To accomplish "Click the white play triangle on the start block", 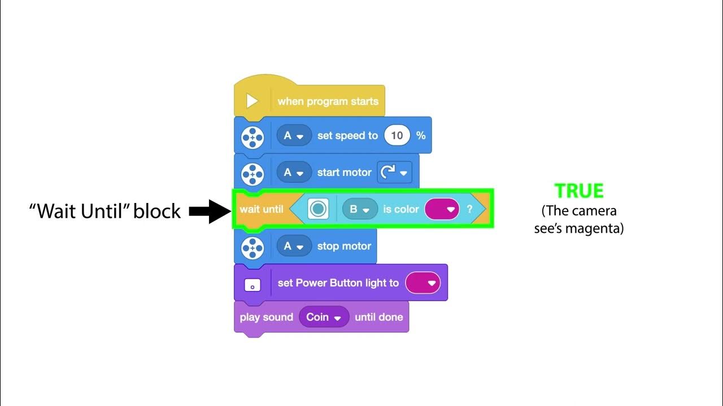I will click(x=252, y=101).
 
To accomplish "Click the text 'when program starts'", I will click(x=328, y=101).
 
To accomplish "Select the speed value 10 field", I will click(x=397, y=135).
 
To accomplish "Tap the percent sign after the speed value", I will click(x=420, y=135).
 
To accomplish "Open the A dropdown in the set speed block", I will click(x=294, y=136).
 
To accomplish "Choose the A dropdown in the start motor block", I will click(x=294, y=173).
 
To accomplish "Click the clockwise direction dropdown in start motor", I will click(x=394, y=173).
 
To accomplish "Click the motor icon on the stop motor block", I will click(x=252, y=246).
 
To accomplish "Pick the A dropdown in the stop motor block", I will click(x=294, y=246).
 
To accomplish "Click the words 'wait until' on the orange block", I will click(x=261, y=209).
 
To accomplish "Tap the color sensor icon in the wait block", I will click(x=318, y=209).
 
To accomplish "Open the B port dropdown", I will click(x=360, y=209).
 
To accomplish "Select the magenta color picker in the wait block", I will click(x=442, y=209).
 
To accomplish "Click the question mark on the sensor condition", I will click(x=469, y=209).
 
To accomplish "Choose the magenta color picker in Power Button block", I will click(x=423, y=283).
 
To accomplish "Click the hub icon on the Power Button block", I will click(x=252, y=285).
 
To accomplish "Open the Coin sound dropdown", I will click(x=324, y=317).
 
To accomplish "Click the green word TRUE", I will click(x=579, y=191).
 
